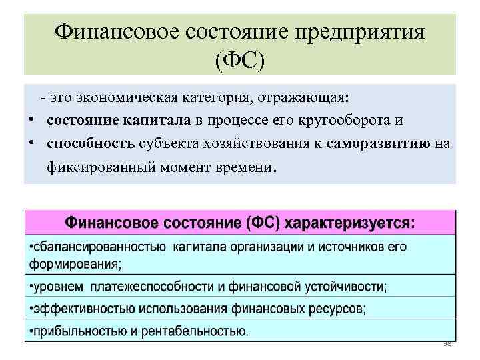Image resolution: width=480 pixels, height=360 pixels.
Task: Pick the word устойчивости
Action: (x=343, y=287)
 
